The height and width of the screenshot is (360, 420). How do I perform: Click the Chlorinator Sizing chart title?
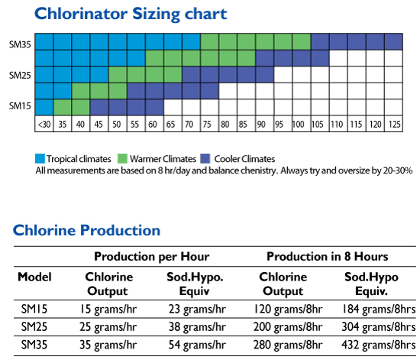tap(131, 15)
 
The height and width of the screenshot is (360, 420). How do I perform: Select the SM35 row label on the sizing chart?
tap(20, 44)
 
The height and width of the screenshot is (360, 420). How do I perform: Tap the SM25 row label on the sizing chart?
tap(20, 76)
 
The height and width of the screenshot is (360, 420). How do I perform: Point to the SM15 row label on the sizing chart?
tap(20, 106)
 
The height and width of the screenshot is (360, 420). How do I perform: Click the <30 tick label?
tap(44, 125)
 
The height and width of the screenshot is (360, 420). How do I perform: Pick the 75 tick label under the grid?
tap(207, 125)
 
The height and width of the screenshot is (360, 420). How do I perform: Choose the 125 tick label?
tap(394, 125)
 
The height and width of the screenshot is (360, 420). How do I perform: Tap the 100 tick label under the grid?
tap(298, 125)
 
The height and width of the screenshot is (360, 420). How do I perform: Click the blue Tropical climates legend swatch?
tap(40, 158)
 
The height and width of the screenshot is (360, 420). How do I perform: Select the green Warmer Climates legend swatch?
tap(122, 158)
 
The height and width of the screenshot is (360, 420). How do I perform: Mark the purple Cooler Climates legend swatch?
tap(205, 158)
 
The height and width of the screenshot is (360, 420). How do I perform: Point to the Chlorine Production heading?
tap(86, 230)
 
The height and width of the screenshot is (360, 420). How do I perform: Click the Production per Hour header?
tap(152, 257)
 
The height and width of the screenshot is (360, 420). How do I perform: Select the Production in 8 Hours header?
tap(328, 257)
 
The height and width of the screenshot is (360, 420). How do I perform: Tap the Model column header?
tap(34, 277)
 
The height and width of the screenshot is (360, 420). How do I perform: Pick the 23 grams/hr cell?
tap(197, 310)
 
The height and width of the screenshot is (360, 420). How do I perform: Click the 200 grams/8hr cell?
tap(288, 327)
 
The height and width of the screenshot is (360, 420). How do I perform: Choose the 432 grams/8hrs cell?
tap(379, 345)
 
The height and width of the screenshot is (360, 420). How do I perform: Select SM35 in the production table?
tap(34, 345)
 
